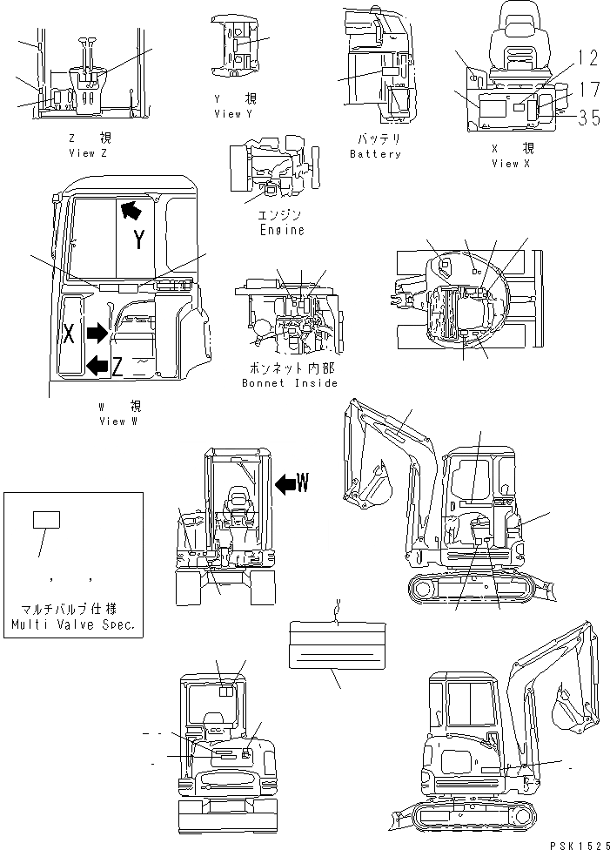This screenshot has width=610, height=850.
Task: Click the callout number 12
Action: click(588, 58)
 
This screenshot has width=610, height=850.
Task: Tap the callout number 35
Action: click(589, 118)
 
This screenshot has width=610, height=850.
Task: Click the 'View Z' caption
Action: click(88, 152)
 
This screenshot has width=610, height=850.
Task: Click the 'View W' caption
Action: click(117, 422)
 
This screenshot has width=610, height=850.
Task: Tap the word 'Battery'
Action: click(375, 154)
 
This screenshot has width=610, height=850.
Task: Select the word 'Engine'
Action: click(282, 230)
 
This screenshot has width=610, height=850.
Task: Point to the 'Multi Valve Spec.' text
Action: click(72, 625)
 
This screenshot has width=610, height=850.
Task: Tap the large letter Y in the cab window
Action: click(138, 240)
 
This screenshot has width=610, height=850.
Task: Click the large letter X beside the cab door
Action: click(68, 332)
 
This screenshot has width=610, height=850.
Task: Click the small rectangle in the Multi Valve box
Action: click(45, 520)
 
